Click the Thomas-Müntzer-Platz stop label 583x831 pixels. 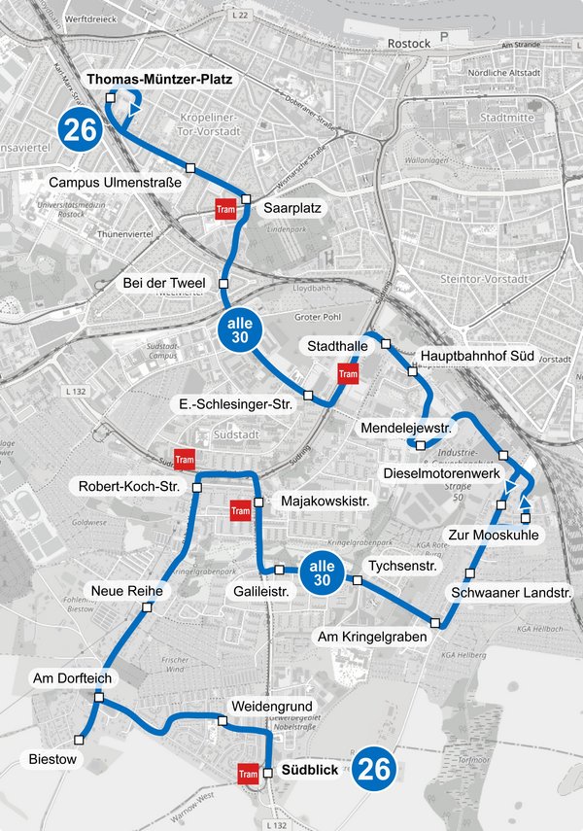(160, 80)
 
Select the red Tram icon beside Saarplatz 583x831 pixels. (225, 209)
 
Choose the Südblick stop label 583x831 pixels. (309, 770)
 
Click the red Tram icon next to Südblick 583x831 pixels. (247, 774)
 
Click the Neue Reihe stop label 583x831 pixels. (119, 591)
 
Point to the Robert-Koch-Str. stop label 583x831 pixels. (131, 486)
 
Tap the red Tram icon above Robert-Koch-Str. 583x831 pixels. (183, 460)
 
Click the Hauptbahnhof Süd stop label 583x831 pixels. (478, 357)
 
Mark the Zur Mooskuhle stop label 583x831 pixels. (494, 535)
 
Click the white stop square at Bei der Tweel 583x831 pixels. (223, 283)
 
